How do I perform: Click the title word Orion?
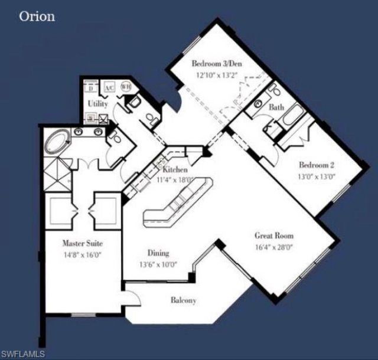(37, 16)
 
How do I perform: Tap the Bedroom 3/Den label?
(216, 64)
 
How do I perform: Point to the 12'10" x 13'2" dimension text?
(216, 75)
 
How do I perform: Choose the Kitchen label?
(175, 169)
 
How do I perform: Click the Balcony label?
(183, 300)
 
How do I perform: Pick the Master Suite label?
(84, 243)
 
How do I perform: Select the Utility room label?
(97, 104)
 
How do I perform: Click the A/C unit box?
(109, 88)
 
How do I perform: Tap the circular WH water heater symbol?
(126, 87)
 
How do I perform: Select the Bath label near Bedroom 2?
(276, 108)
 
